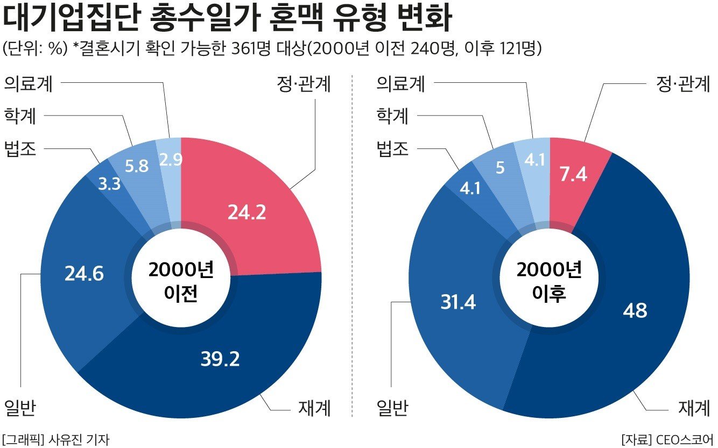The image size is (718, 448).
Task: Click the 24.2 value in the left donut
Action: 247,214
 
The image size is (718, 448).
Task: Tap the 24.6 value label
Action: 85,274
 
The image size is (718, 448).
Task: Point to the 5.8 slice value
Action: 137,166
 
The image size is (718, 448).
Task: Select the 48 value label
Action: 635,310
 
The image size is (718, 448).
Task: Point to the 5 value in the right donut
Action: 500,169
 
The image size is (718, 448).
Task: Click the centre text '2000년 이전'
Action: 181,282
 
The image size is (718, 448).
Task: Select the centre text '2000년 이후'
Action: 549,282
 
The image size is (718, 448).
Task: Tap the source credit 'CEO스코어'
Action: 684,439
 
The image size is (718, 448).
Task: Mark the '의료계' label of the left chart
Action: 29,84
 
